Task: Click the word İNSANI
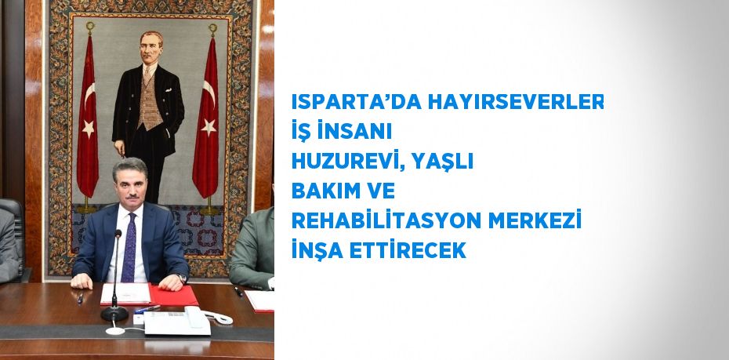pos(352,133)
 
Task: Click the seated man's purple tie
pos(129,247)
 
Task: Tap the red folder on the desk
pos(174,296)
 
